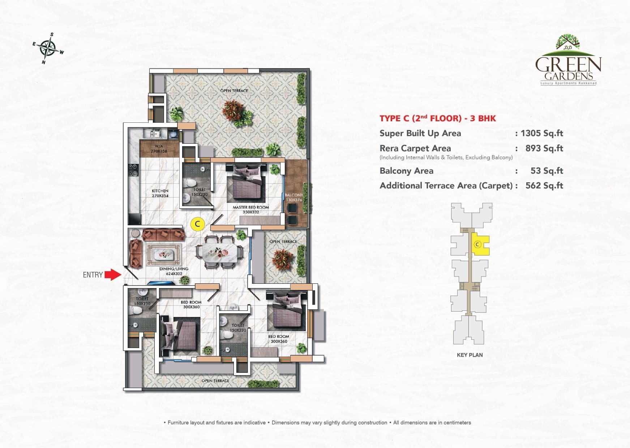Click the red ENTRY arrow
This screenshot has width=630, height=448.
(x=113, y=274)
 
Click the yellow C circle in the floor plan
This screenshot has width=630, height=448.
(x=197, y=224)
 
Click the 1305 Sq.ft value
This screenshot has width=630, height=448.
(x=541, y=133)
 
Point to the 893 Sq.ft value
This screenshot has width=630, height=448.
(x=544, y=148)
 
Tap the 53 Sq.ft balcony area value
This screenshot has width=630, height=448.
(x=547, y=171)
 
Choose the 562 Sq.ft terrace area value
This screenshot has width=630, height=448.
(x=544, y=186)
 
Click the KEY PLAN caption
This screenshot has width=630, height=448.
(x=470, y=355)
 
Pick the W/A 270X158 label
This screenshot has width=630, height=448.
(x=159, y=149)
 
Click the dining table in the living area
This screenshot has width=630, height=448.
(x=219, y=252)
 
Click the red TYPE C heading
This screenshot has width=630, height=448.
(x=437, y=118)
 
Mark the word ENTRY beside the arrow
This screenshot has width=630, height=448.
(x=93, y=275)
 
